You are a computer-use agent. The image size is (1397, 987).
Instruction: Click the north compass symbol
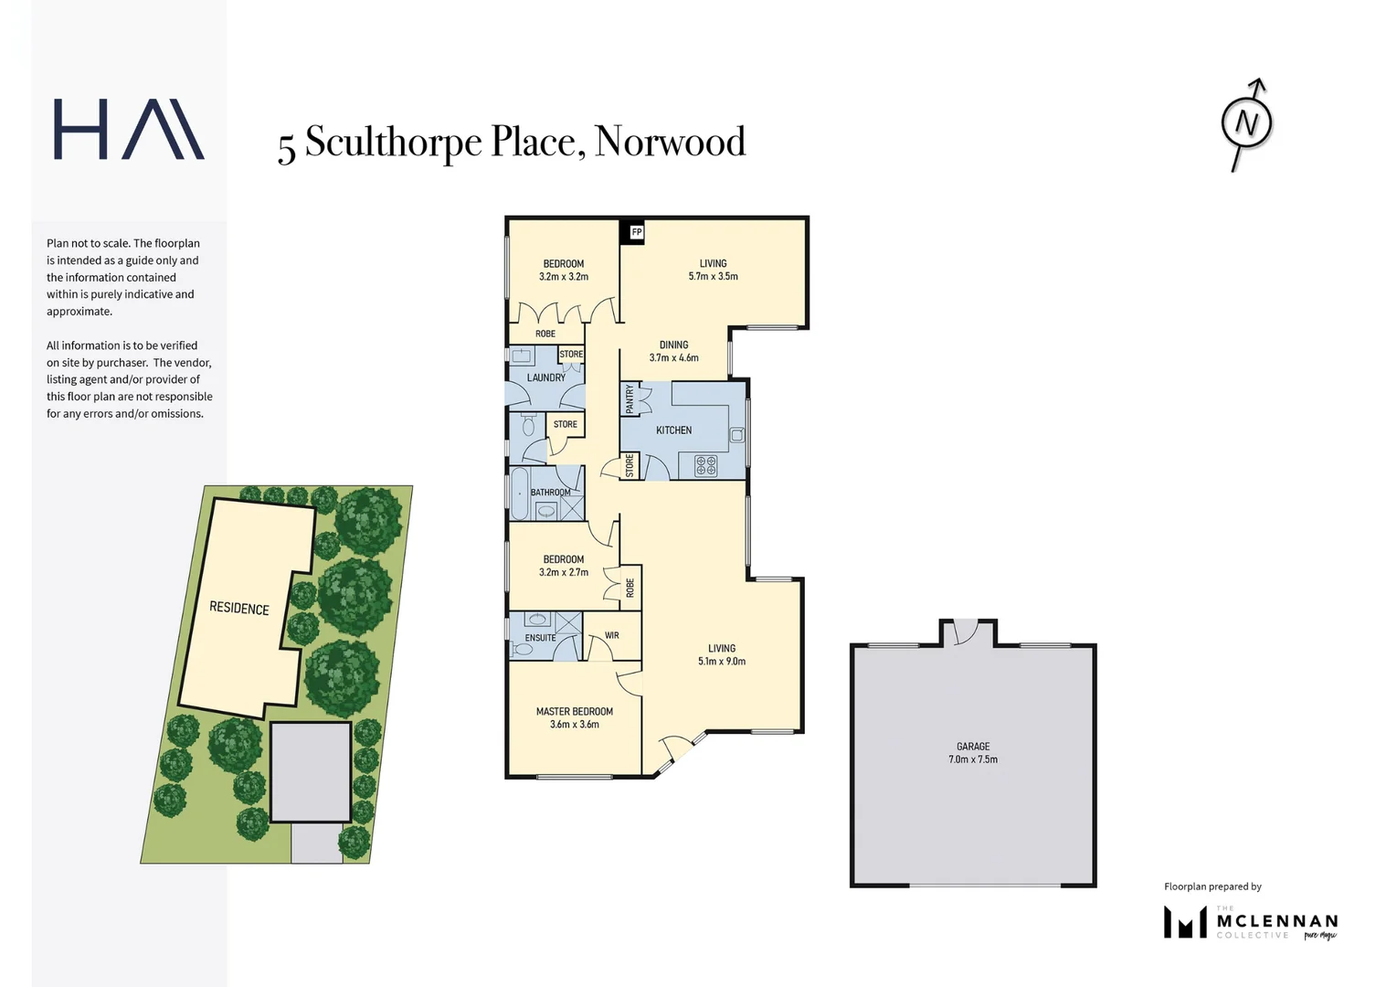(1247, 123)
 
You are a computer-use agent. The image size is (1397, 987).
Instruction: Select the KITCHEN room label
(673, 430)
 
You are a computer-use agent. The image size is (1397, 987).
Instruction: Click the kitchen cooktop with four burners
(706, 466)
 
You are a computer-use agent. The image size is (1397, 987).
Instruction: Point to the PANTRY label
(630, 398)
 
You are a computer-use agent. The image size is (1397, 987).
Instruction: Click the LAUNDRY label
(545, 377)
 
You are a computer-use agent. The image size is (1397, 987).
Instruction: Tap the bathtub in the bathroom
(520, 493)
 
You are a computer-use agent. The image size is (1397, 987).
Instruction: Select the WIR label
(611, 635)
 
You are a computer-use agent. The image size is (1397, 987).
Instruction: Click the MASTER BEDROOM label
(574, 711)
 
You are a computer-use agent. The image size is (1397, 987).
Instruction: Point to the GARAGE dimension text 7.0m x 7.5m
(973, 759)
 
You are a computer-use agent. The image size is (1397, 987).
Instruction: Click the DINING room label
(673, 345)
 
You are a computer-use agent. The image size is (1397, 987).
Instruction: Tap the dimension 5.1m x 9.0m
(722, 662)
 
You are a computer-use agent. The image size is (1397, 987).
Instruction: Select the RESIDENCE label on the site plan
(239, 609)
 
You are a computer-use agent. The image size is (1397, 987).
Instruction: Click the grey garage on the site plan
(311, 772)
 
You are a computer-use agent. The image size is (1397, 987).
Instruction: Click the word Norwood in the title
(670, 142)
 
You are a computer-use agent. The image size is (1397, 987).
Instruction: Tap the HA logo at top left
(129, 130)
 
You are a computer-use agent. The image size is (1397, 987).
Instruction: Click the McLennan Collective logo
(1250, 922)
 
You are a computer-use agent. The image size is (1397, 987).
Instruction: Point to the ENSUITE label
(540, 638)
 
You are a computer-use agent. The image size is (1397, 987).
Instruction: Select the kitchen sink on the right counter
(736, 435)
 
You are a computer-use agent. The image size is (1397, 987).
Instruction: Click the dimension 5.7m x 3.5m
(713, 276)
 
